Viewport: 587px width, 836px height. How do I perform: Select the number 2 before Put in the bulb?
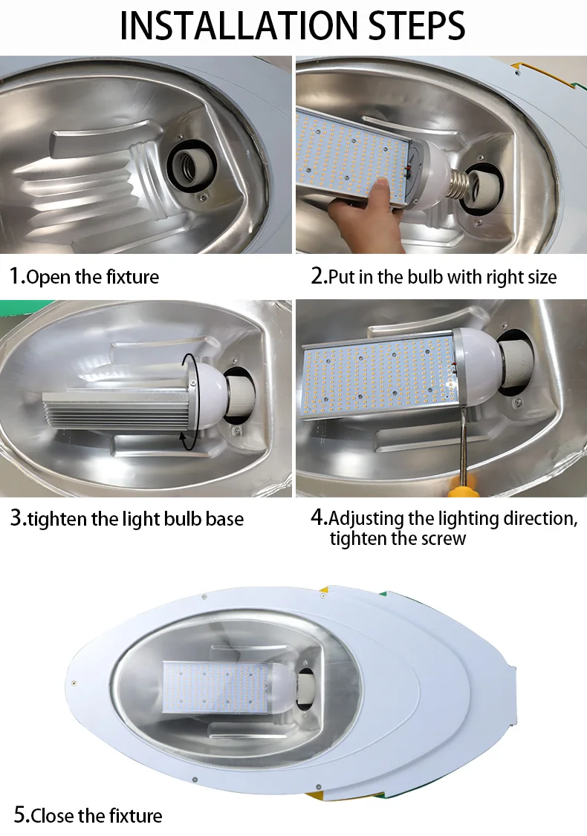tap(317, 275)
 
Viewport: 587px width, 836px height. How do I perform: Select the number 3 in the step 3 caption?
tap(16, 517)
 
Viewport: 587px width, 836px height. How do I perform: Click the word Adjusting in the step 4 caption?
tap(366, 518)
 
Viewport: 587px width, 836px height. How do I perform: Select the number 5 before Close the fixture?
tap(20, 814)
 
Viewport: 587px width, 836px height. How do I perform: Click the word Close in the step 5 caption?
tap(52, 816)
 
